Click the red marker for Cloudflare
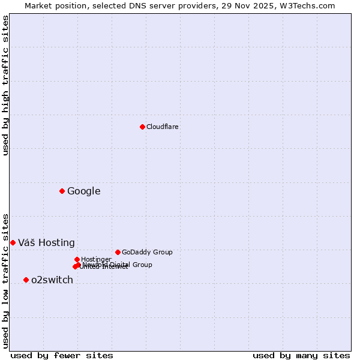(142, 127)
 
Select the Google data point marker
(62, 191)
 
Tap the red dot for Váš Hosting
(13, 242)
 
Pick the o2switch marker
(26, 280)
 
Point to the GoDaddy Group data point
(118, 252)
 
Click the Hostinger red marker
(77, 259)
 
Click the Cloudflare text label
(163, 127)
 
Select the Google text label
(84, 191)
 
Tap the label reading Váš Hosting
(46, 243)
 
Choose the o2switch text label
(52, 280)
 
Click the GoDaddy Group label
(147, 252)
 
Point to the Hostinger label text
(96, 259)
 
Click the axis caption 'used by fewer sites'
(62, 355)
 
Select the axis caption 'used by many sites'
(301, 355)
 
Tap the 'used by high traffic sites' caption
(5, 85)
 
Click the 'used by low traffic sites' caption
(5, 280)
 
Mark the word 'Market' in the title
(38, 5)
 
